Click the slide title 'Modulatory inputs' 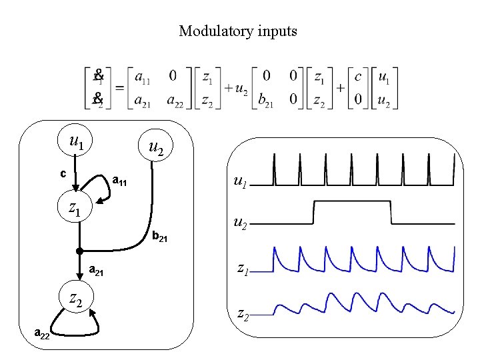(238, 31)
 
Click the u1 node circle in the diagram (77, 141)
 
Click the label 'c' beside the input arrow (63, 174)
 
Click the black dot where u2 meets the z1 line (79, 251)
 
